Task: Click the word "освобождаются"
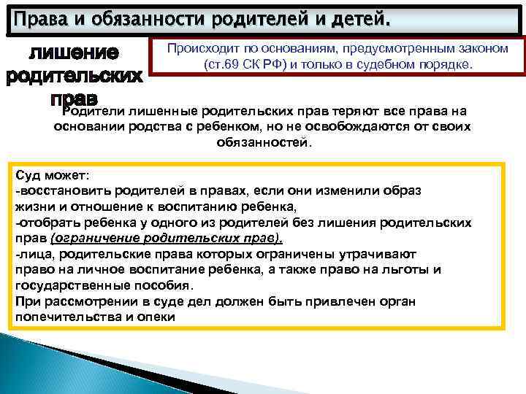tap(345, 127)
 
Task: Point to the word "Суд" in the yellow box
tap(27, 175)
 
